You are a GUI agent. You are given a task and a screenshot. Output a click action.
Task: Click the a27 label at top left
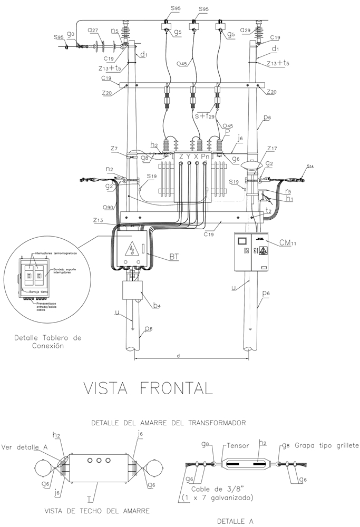[93, 32]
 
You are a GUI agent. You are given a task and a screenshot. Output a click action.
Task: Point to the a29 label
[245, 31]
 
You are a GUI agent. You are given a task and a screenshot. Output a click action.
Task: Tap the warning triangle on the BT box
[130, 249]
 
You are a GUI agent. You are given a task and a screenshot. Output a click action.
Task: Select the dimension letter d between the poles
[179, 356]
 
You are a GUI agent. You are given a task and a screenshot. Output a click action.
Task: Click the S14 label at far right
[310, 167]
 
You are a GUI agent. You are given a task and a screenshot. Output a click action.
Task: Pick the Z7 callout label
[114, 150]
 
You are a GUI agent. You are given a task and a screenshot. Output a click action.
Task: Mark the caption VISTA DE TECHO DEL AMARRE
[98, 510]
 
